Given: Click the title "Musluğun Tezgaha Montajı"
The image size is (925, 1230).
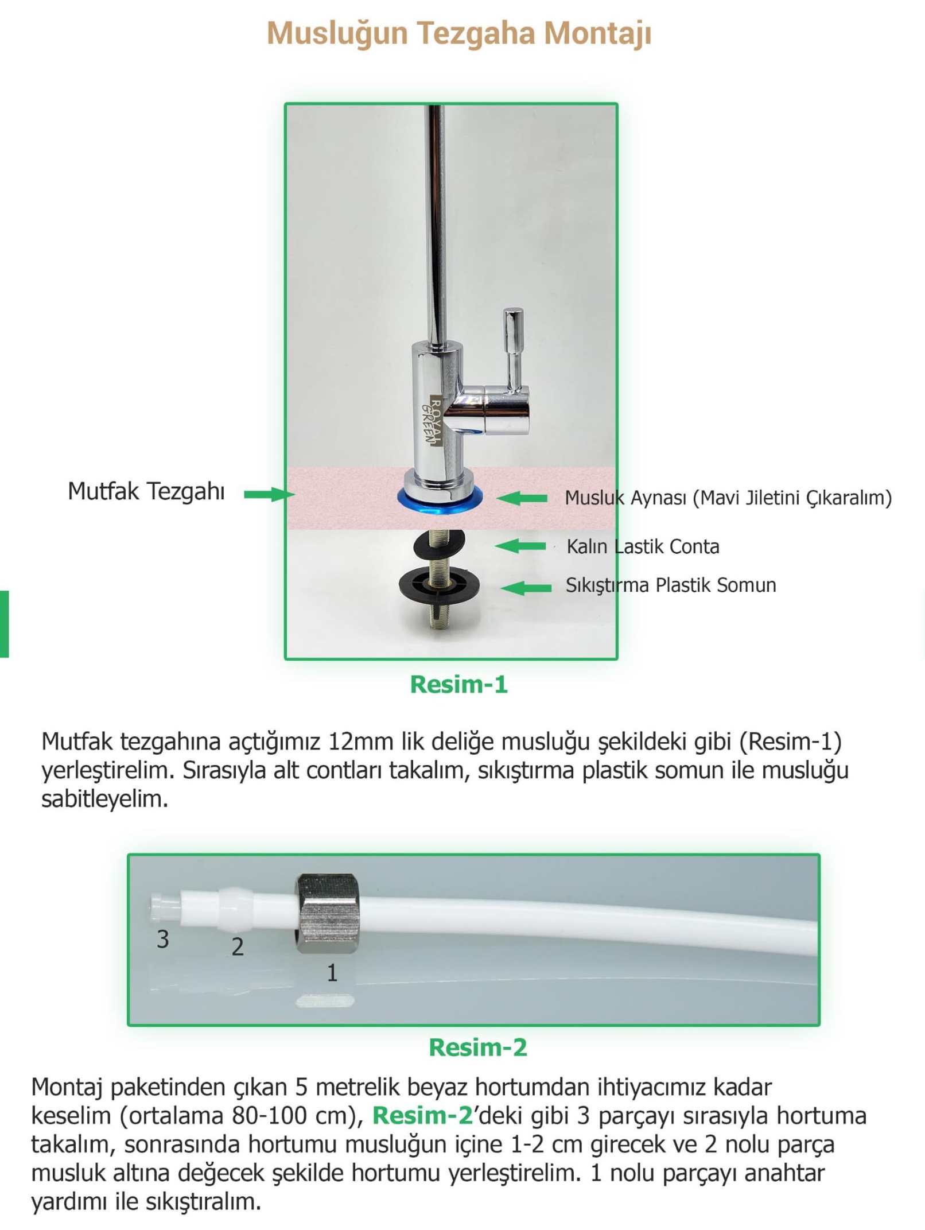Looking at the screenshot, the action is tap(458, 33).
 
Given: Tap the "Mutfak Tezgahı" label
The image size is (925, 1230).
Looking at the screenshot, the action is tap(146, 492).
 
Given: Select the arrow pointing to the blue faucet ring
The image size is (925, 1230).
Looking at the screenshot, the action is tap(521, 498).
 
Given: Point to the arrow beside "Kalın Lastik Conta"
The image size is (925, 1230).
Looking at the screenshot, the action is tap(520, 545).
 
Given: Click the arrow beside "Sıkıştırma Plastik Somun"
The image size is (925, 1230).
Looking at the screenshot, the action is tap(526, 587).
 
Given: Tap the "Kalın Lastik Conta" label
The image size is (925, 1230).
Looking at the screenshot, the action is tap(643, 546).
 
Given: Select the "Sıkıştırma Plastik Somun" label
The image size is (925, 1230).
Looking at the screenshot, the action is tap(671, 585).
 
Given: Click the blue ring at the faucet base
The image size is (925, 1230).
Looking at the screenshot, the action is tap(440, 498).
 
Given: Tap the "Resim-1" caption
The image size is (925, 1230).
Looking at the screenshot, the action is tap(458, 684).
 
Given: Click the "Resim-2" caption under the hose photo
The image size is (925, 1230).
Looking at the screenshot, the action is tap(477, 1047).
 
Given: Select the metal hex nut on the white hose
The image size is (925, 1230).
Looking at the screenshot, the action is tap(328, 914).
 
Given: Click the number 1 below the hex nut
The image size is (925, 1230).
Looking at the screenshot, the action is tap(332, 973).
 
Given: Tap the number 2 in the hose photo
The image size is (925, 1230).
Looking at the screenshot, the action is tap(238, 946).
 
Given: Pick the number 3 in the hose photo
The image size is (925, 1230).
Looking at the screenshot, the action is tap(163, 939).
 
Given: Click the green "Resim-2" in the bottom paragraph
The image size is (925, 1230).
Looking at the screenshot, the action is tap(422, 1116).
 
